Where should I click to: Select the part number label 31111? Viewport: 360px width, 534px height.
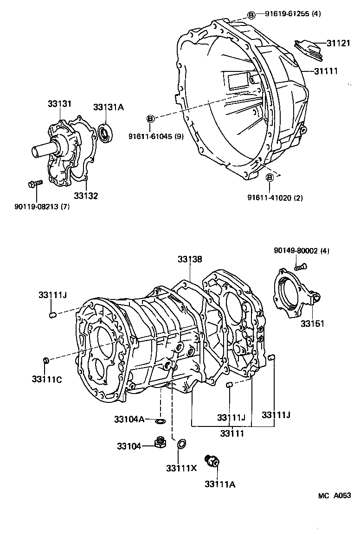(x=326, y=71)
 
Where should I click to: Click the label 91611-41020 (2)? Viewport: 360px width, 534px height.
(x=275, y=197)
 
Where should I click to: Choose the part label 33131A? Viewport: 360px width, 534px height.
(x=108, y=107)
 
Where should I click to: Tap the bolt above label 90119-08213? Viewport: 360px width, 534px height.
(x=34, y=184)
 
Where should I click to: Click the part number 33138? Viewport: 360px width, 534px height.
(x=189, y=260)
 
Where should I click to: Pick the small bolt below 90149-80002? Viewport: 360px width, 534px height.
(x=300, y=267)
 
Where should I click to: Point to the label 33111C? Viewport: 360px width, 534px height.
(x=47, y=380)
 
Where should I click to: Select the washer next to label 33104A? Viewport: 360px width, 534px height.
(x=160, y=421)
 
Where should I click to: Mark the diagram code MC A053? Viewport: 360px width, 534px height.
(x=334, y=496)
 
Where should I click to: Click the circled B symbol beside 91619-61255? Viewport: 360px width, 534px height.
(x=251, y=15)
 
